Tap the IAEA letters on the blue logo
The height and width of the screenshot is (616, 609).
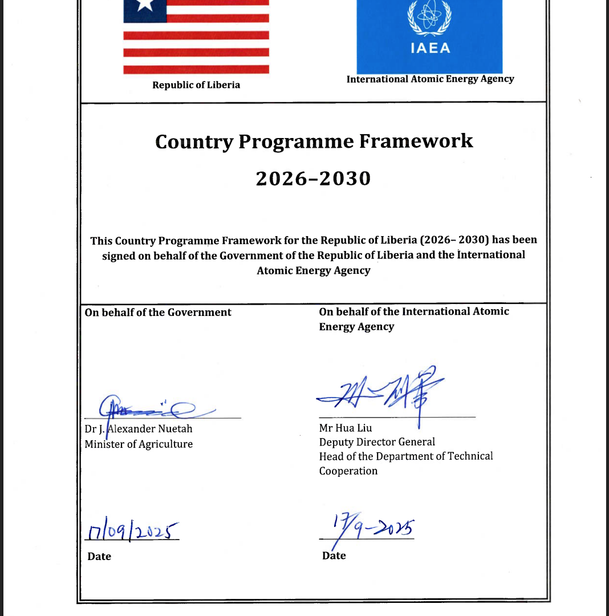coord(429,48)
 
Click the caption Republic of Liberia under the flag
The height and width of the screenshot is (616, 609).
coord(196,85)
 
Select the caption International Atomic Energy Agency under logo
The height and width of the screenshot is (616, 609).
coord(430,79)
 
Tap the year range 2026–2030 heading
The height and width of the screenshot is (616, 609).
coord(313,179)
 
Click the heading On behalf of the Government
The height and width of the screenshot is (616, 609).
coord(158,312)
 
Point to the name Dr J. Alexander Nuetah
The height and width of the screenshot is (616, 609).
coord(139,428)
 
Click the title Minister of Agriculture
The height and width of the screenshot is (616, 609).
coord(139,444)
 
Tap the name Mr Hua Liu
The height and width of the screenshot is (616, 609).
coord(346,427)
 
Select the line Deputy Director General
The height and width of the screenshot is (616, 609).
coord(377,441)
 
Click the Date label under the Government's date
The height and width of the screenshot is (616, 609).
coord(99,556)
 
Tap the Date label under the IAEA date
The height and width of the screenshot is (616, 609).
coord(334,556)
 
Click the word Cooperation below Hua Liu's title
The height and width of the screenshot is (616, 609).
coord(348,471)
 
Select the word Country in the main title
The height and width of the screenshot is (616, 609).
coord(193,141)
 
